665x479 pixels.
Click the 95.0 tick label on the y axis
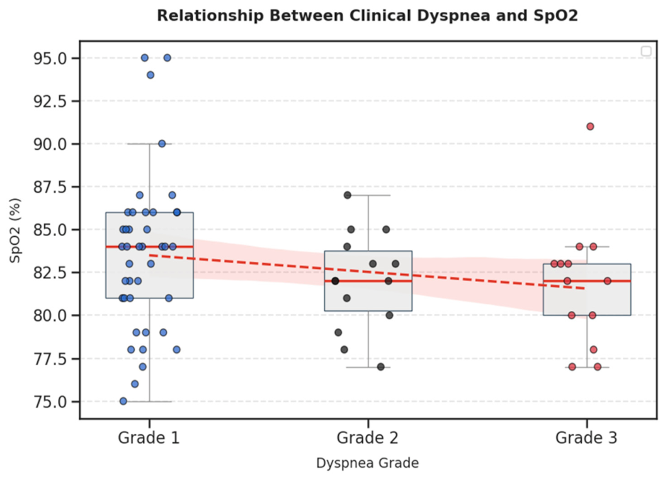[x=50, y=58]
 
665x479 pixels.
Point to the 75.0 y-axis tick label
[x=50, y=402]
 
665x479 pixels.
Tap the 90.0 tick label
[x=50, y=144]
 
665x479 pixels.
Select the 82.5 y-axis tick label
[x=50, y=273]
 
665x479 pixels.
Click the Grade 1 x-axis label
[x=149, y=437]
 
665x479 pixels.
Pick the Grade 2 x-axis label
[x=368, y=437]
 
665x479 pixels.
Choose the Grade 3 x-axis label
[x=586, y=437]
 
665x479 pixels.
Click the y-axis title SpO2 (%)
[x=15, y=230]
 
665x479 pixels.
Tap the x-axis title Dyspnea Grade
[x=368, y=463]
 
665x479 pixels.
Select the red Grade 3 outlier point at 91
[x=590, y=127]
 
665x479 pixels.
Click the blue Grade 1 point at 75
[x=123, y=401]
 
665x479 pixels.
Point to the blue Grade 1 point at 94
[x=150, y=75]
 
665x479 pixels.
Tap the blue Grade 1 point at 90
[x=162, y=144]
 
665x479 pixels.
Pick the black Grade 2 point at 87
[x=348, y=195]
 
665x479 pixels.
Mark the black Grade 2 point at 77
[x=381, y=367]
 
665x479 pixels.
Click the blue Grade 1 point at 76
[x=135, y=384]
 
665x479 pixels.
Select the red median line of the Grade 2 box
[x=368, y=281]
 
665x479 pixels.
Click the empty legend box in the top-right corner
[x=646, y=51]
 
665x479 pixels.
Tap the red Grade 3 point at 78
[x=594, y=350]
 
